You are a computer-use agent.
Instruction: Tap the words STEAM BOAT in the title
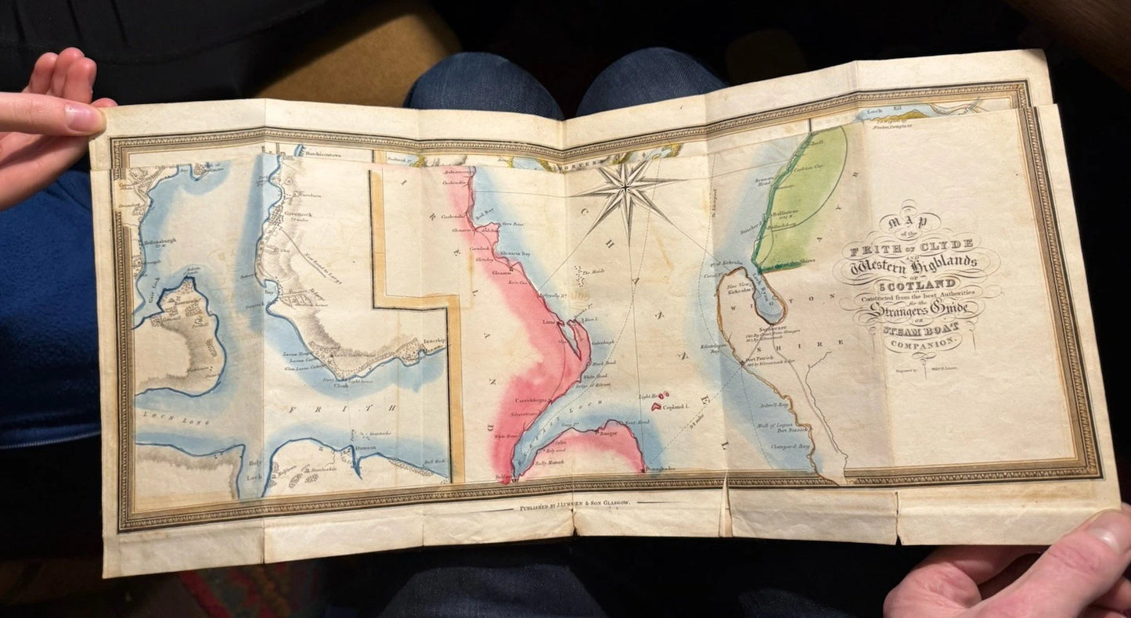918,329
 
